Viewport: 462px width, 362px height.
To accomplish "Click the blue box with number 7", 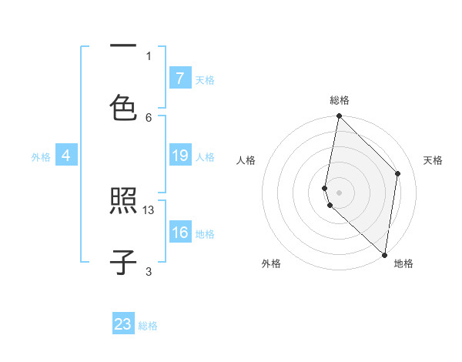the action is (179, 79).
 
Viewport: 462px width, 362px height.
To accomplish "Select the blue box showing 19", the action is (179, 156).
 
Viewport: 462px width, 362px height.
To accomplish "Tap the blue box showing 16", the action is (179, 233).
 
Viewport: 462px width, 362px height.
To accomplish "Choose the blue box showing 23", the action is (123, 324).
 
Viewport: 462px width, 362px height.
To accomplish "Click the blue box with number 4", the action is (66, 156).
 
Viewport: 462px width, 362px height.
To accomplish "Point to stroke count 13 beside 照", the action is (149, 209).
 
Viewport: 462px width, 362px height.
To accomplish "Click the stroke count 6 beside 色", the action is (149, 117).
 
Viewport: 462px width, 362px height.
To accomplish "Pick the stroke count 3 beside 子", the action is (149, 271).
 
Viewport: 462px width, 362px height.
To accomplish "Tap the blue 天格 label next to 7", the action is (205, 79).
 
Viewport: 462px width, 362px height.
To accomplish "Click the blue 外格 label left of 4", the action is (41, 156).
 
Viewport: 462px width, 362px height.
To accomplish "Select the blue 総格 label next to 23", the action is (148, 325).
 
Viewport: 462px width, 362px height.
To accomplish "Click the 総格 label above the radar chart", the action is (339, 100).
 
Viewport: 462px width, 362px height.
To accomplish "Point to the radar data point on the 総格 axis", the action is (339, 116).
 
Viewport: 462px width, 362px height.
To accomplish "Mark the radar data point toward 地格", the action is (384, 253).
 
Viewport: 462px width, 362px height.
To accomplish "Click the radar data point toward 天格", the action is (398, 173).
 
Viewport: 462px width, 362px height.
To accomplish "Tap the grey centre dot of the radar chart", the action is (339, 192).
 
